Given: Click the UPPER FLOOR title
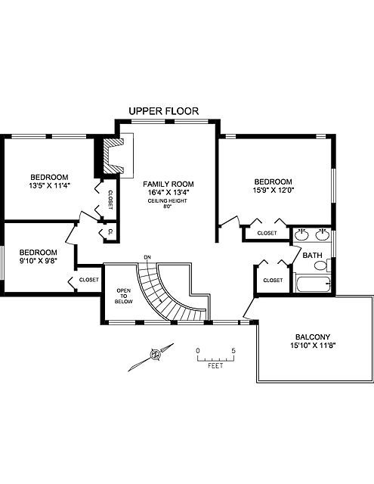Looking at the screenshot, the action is (164, 111).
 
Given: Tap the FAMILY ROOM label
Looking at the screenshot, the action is (168, 184).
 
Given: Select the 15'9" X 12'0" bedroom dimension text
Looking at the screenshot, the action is (273, 190).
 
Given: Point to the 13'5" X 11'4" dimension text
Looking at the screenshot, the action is (49, 186).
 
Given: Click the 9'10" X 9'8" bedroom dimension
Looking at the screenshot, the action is (38, 261).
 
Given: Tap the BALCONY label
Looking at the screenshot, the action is (313, 337).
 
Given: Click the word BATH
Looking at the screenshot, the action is (312, 256).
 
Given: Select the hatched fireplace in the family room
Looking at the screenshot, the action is (113, 156).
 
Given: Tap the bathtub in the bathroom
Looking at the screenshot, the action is (313, 284).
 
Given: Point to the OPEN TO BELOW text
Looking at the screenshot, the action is (124, 296).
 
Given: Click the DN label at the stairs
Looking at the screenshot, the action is (147, 257).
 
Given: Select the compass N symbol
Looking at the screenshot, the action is (156, 355).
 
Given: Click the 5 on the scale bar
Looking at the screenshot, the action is (233, 351).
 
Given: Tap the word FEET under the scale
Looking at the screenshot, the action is (215, 366).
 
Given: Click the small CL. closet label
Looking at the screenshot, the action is (110, 232).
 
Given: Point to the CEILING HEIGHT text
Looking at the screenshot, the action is (168, 200).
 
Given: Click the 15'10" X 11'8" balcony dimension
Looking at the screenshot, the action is (313, 346).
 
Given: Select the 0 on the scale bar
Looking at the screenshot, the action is (198, 351).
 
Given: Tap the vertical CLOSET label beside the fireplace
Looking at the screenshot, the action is (110, 200).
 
